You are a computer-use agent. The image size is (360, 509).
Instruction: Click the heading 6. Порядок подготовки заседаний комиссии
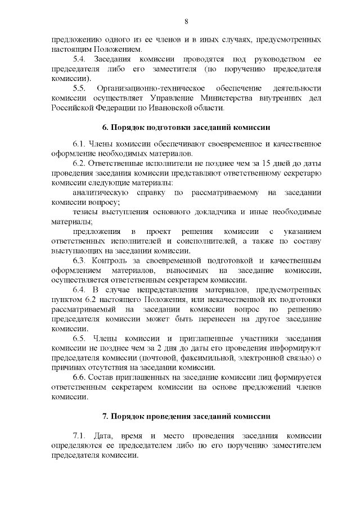(186, 127)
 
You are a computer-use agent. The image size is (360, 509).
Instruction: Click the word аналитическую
(100, 193)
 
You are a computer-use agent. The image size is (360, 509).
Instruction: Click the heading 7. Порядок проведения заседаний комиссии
(186, 417)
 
